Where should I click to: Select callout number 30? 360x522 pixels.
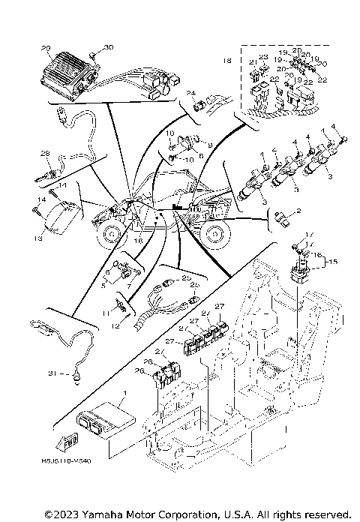(x=107, y=47)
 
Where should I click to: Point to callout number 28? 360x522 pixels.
(x=45, y=154)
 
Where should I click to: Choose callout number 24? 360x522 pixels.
(x=190, y=93)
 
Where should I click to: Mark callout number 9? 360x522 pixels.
(x=210, y=145)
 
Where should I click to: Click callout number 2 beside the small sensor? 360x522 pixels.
(x=298, y=212)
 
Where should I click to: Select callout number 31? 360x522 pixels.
(x=31, y=373)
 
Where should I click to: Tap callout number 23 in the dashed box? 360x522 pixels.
(x=262, y=57)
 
